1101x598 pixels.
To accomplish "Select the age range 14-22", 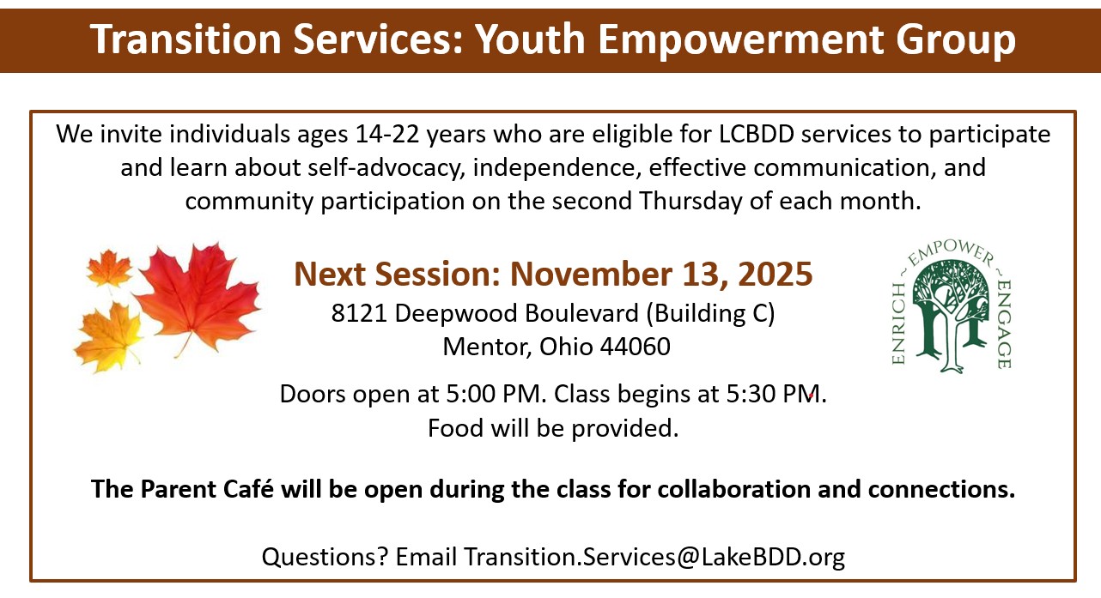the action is click(387, 134).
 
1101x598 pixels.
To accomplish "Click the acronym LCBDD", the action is click(757, 134).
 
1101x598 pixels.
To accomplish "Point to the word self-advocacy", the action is click(386, 168).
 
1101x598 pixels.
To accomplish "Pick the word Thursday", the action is click(690, 202).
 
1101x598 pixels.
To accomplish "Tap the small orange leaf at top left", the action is click(109, 268).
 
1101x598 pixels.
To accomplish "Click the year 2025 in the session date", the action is click(776, 274).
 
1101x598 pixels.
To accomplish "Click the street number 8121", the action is click(359, 313).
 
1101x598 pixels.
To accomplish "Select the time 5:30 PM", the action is click(776, 394).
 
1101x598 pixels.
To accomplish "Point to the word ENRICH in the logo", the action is click(899, 323).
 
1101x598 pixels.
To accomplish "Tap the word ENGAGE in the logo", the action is click(1004, 324).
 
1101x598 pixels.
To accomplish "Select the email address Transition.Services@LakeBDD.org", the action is click(654, 558).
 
